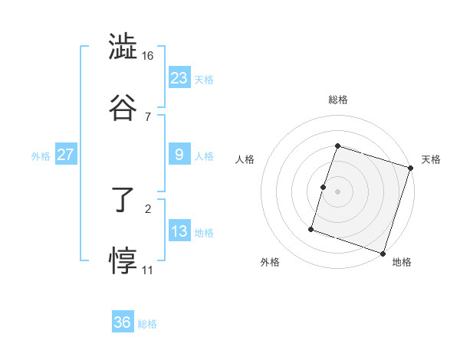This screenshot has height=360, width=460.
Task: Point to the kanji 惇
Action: [x=122, y=260]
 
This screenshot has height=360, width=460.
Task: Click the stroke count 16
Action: [x=148, y=56]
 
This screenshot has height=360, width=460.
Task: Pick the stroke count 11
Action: [x=147, y=270]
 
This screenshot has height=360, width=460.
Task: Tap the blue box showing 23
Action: [x=179, y=77]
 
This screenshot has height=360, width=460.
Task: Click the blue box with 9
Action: [x=179, y=155]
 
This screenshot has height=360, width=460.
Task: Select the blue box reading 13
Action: [x=179, y=231]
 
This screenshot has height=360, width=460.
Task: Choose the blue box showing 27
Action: [x=66, y=155]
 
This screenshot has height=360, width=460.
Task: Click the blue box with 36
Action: [x=123, y=322]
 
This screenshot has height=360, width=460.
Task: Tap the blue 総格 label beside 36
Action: [x=147, y=324]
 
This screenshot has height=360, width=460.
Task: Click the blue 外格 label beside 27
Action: [x=41, y=156]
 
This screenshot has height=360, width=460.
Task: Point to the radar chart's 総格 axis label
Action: [x=338, y=100]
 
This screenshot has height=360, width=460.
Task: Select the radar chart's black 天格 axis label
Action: [x=431, y=159]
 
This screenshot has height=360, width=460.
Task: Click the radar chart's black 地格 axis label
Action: [x=402, y=262]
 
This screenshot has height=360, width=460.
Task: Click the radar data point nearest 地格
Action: [x=383, y=254]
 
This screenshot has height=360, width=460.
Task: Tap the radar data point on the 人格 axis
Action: [x=324, y=187]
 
